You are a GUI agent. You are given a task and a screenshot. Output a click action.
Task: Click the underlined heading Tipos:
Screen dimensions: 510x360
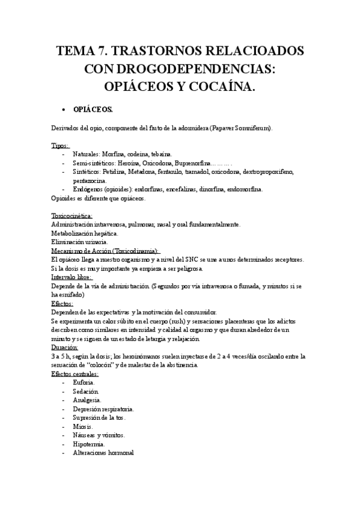pyautogui.click(x=60, y=146)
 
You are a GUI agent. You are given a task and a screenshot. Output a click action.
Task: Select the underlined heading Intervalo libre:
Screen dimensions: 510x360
pyautogui.click(x=71, y=278)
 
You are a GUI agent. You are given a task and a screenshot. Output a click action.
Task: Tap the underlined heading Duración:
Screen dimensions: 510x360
pyautogui.click(x=65, y=348)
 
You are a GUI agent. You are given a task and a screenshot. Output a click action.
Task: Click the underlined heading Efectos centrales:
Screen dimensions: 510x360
pyautogui.click(x=75, y=374)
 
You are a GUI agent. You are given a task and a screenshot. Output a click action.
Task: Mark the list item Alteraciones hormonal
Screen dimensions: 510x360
pyautogui.click(x=103, y=452)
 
